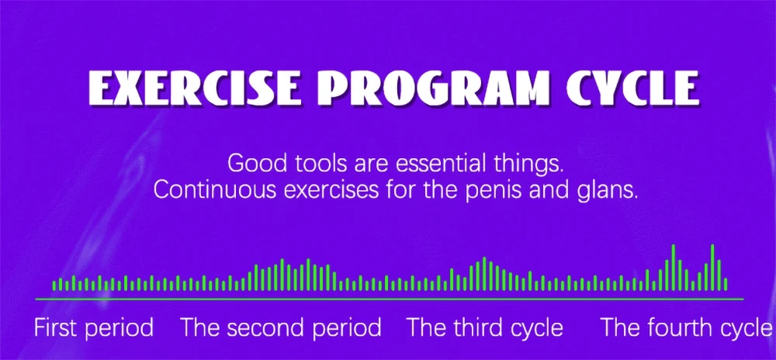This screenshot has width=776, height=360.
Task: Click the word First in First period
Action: (55, 328)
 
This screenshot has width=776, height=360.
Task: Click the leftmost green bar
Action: (54, 286)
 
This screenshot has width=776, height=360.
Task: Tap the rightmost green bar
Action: (726, 284)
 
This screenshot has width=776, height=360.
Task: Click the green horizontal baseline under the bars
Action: (389, 299)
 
